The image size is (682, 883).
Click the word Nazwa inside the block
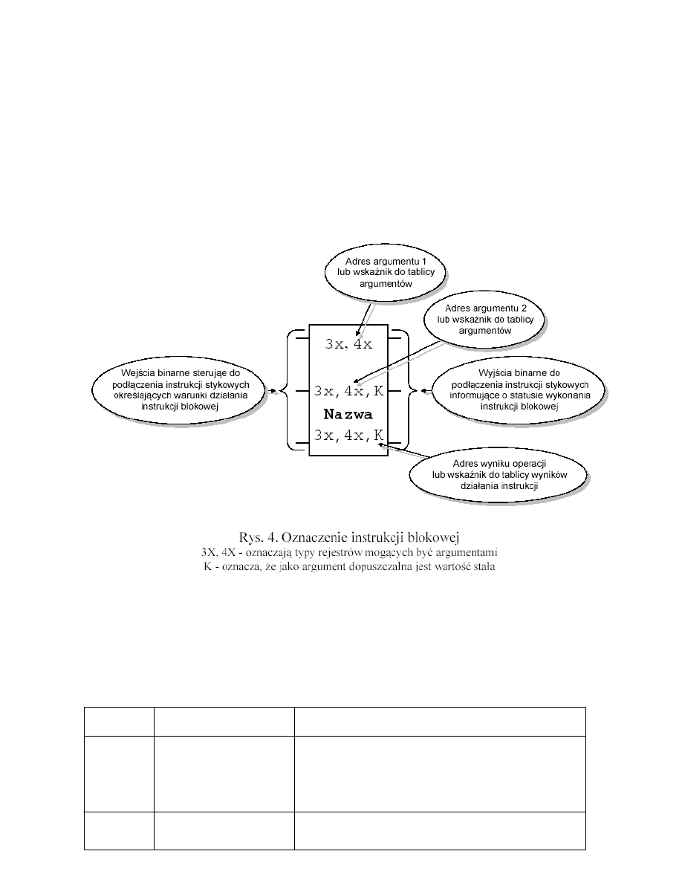pos(348,414)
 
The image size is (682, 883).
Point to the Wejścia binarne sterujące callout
pos(179,388)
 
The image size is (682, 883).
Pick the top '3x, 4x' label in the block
pos(348,344)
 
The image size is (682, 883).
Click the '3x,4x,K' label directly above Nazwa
pos(348,391)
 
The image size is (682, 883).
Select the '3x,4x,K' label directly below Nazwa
pos(348,436)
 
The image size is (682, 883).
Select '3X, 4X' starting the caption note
pos(216,552)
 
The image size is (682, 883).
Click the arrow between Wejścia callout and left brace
pos(273,389)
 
